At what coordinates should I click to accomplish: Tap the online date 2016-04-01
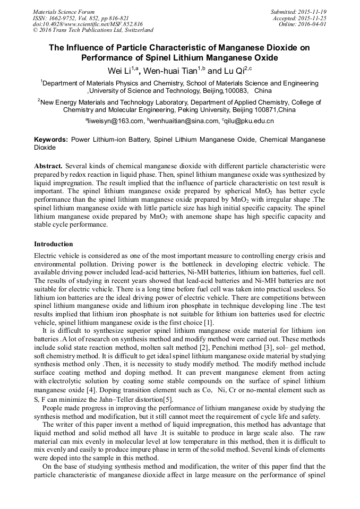coord(313,24)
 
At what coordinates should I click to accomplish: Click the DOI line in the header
coord(88,24)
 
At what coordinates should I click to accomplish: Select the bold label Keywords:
coord(51,139)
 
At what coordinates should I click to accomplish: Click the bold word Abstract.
coord(48,166)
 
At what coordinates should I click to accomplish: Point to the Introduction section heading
coord(54,244)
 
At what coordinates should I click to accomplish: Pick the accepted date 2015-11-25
coord(313,18)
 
